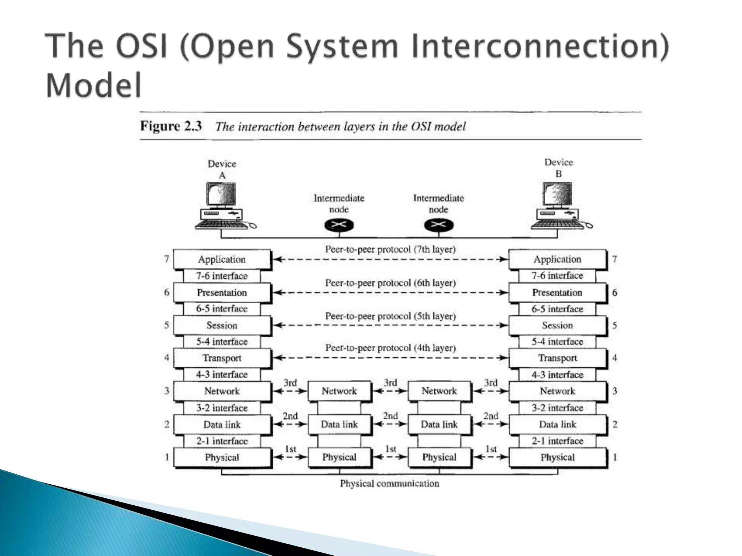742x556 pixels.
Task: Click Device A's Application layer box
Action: tap(222, 259)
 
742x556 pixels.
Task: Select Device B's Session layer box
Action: tap(557, 325)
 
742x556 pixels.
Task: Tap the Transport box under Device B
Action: tap(557, 358)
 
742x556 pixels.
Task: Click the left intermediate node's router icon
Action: tap(338, 226)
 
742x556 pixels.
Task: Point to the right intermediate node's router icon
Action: tap(438, 226)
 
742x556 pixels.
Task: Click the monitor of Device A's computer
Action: tap(221, 195)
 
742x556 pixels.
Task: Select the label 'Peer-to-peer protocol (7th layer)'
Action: tap(390, 249)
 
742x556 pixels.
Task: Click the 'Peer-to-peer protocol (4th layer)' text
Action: tap(390, 348)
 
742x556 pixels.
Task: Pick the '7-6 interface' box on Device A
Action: tap(222, 276)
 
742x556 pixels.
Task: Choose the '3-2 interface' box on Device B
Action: tap(557, 408)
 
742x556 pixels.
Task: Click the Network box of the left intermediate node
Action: tap(339, 391)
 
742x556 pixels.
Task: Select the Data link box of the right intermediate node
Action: tap(439, 424)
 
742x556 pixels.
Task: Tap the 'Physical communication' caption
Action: tap(389, 484)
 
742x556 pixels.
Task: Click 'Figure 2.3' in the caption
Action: tap(171, 126)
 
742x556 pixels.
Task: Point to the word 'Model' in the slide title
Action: tap(93, 85)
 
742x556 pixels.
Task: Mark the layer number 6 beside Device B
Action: tap(614, 292)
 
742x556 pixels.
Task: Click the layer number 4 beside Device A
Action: tap(167, 358)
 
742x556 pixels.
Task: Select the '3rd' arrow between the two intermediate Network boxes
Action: tap(390, 391)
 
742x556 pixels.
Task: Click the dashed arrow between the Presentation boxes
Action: tap(390, 292)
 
